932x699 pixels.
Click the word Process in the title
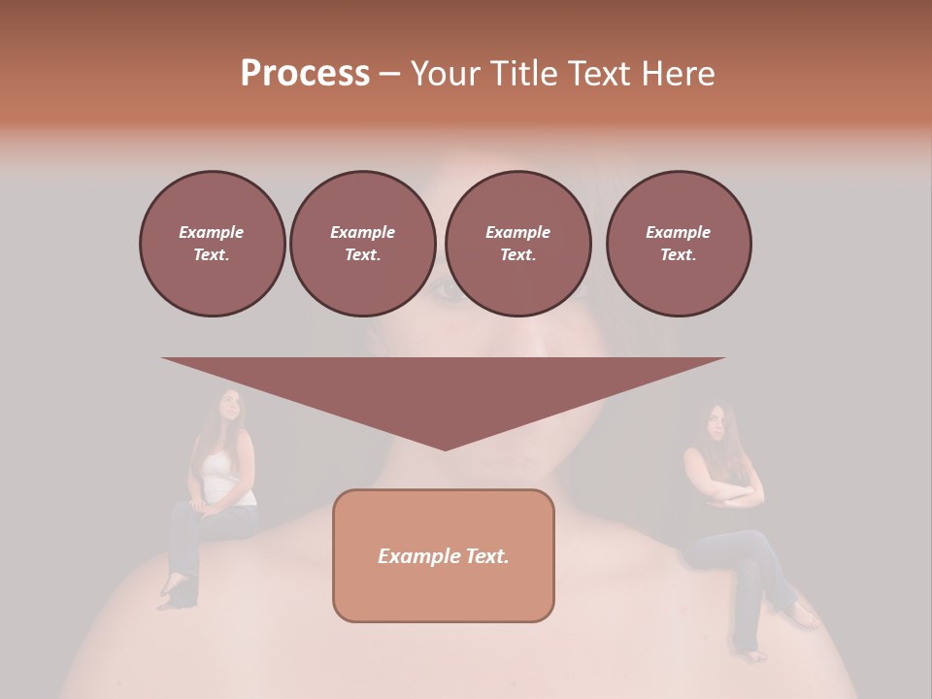point(305,74)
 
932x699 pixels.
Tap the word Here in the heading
point(677,74)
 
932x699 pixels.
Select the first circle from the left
point(212,243)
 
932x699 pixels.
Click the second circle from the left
point(362,243)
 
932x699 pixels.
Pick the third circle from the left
point(517,243)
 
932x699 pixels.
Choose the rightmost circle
point(679,243)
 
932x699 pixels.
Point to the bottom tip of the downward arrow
point(445,449)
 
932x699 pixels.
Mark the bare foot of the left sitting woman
point(173,588)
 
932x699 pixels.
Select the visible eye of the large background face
point(445,287)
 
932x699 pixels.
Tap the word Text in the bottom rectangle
point(485,556)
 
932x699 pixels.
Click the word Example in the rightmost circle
point(678,232)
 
